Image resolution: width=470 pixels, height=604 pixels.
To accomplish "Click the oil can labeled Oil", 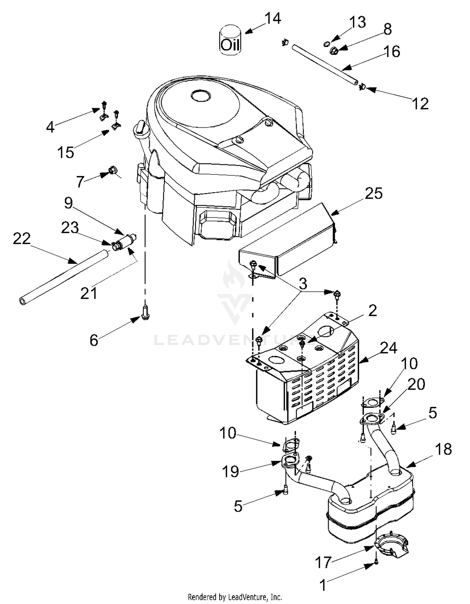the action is click(x=230, y=40).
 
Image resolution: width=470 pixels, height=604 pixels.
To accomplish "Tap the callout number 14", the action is click(x=273, y=19).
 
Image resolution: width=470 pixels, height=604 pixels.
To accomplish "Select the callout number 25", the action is click(x=373, y=193).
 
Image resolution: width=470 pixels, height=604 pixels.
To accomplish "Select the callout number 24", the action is click(x=389, y=348).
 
